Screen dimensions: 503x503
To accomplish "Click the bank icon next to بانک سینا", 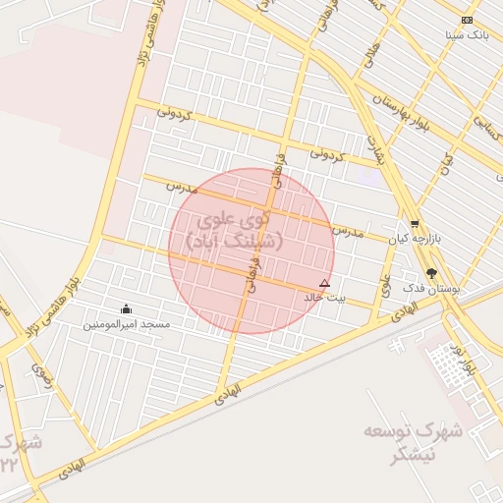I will pos(467,21).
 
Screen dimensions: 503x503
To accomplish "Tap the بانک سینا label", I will pos(467,34).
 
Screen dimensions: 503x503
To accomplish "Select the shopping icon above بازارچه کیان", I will pos(415,224).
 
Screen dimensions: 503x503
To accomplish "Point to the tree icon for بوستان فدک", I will pos(432,272).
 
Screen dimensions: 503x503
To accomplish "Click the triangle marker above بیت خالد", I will pos(325,282).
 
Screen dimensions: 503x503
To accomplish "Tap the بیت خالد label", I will pos(324,296).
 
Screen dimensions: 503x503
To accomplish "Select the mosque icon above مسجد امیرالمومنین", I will pos(125,309).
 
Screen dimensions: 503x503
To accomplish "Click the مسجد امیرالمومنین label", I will pos(126,323).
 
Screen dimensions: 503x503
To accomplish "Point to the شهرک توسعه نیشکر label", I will pos(401,443).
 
